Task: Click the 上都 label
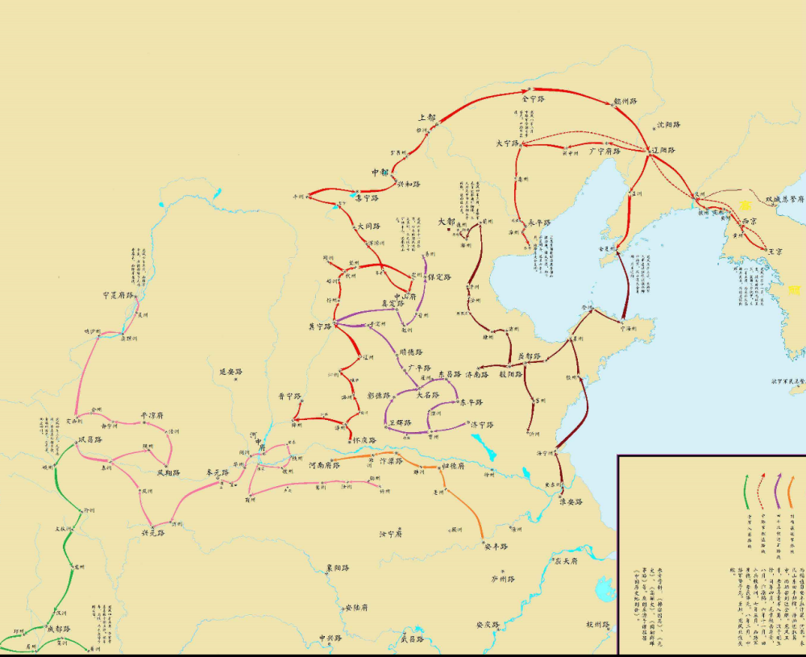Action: point(427,117)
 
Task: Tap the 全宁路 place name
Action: point(534,98)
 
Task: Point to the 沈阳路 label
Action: point(667,125)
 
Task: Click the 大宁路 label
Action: point(509,143)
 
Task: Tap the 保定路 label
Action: point(439,277)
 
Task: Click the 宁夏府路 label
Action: point(118,295)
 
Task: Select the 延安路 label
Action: point(231,372)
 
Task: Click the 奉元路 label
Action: point(219,473)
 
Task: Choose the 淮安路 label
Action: point(571,501)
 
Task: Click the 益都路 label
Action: point(529,356)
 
